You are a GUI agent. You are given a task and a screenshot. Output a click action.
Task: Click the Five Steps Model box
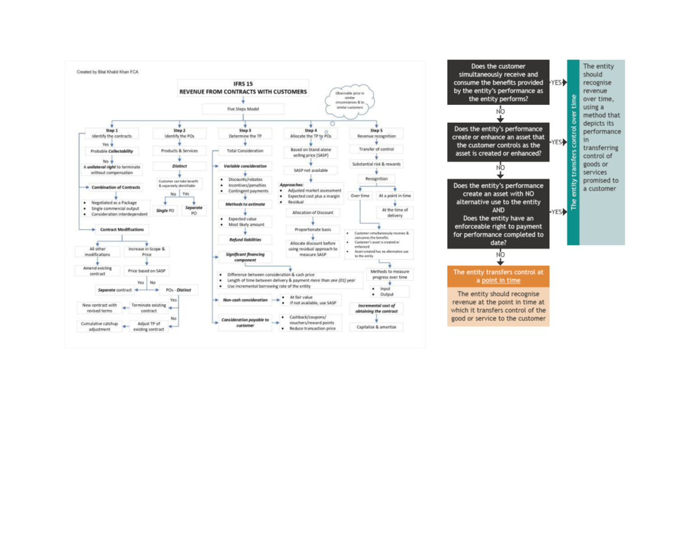click(243, 109)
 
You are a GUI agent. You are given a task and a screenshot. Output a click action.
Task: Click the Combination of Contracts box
click(116, 188)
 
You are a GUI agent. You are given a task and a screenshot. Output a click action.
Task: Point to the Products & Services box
click(179, 151)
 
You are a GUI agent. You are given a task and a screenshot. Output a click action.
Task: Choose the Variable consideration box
click(245, 167)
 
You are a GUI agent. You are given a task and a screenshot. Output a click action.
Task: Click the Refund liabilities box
click(245, 239)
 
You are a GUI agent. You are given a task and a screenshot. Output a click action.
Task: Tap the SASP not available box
click(311, 170)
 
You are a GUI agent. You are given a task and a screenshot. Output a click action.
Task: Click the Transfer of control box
click(376, 150)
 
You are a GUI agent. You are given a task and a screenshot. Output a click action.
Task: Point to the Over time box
click(361, 196)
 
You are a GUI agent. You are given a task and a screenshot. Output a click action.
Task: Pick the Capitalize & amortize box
click(376, 327)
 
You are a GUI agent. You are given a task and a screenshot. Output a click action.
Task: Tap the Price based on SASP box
click(147, 271)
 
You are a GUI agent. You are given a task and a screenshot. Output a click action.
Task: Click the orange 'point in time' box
click(498, 276)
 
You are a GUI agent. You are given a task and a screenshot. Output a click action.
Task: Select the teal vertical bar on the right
click(573, 152)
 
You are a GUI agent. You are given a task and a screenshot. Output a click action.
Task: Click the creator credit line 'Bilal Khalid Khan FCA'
click(108, 72)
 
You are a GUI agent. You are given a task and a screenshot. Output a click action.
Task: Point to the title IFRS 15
click(243, 84)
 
